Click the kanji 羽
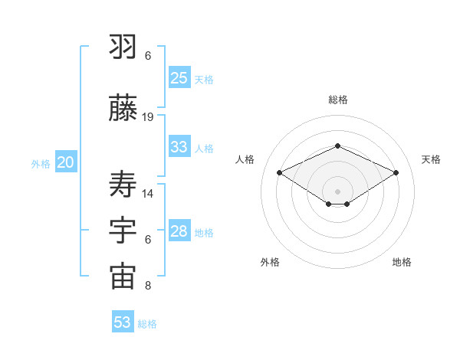point(123,47)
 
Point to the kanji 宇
point(123,231)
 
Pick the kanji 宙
point(123,277)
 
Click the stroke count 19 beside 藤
point(148,117)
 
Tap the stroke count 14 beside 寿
point(148,193)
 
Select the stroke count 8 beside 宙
point(148,286)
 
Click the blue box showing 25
point(179,77)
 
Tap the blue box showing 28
point(179,231)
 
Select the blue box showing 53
point(123,322)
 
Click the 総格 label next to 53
point(148,324)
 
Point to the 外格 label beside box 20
point(41,164)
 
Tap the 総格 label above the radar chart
point(337,100)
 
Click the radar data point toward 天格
point(396,172)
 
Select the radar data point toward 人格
point(280,172)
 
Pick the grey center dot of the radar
point(337,190)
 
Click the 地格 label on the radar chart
point(402,262)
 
